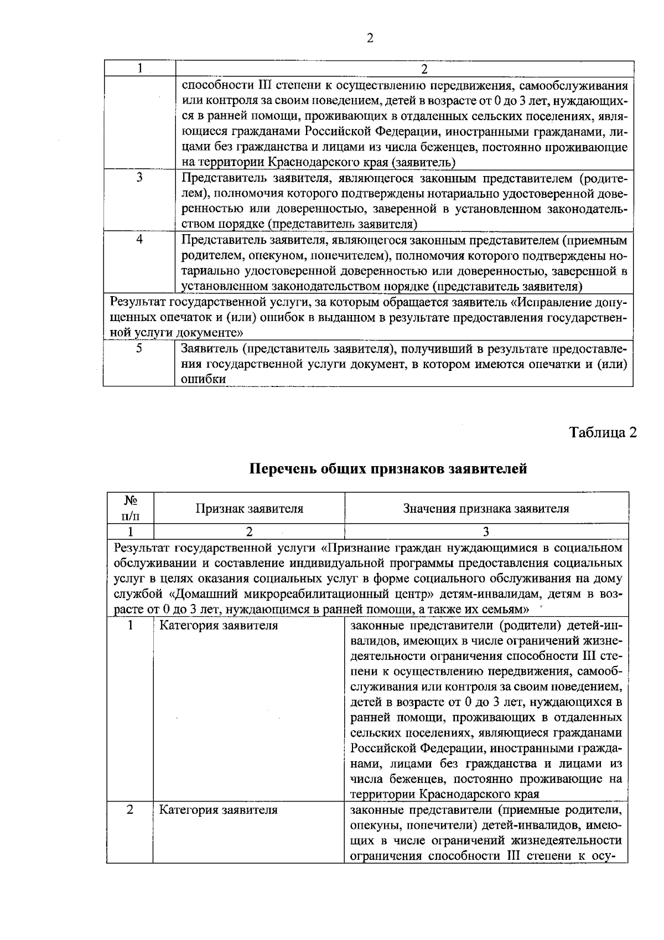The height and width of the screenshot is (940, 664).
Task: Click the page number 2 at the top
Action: click(x=370, y=38)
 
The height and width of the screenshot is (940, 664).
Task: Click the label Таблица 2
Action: click(x=603, y=432)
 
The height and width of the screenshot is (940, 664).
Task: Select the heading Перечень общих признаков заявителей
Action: click(x=388, y=469)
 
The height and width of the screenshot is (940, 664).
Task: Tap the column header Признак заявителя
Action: click(x=249, y=508)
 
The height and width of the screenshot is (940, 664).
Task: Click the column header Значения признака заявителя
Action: click(x=486, y=508)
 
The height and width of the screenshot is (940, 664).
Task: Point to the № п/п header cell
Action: click(x=130, y=508)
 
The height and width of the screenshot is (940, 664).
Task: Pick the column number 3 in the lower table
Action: click(x=486, y=532)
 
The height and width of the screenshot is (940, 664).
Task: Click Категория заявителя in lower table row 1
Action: click(x=219, y=626)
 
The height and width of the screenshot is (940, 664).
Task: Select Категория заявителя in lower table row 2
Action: click(x=219, y=810)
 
